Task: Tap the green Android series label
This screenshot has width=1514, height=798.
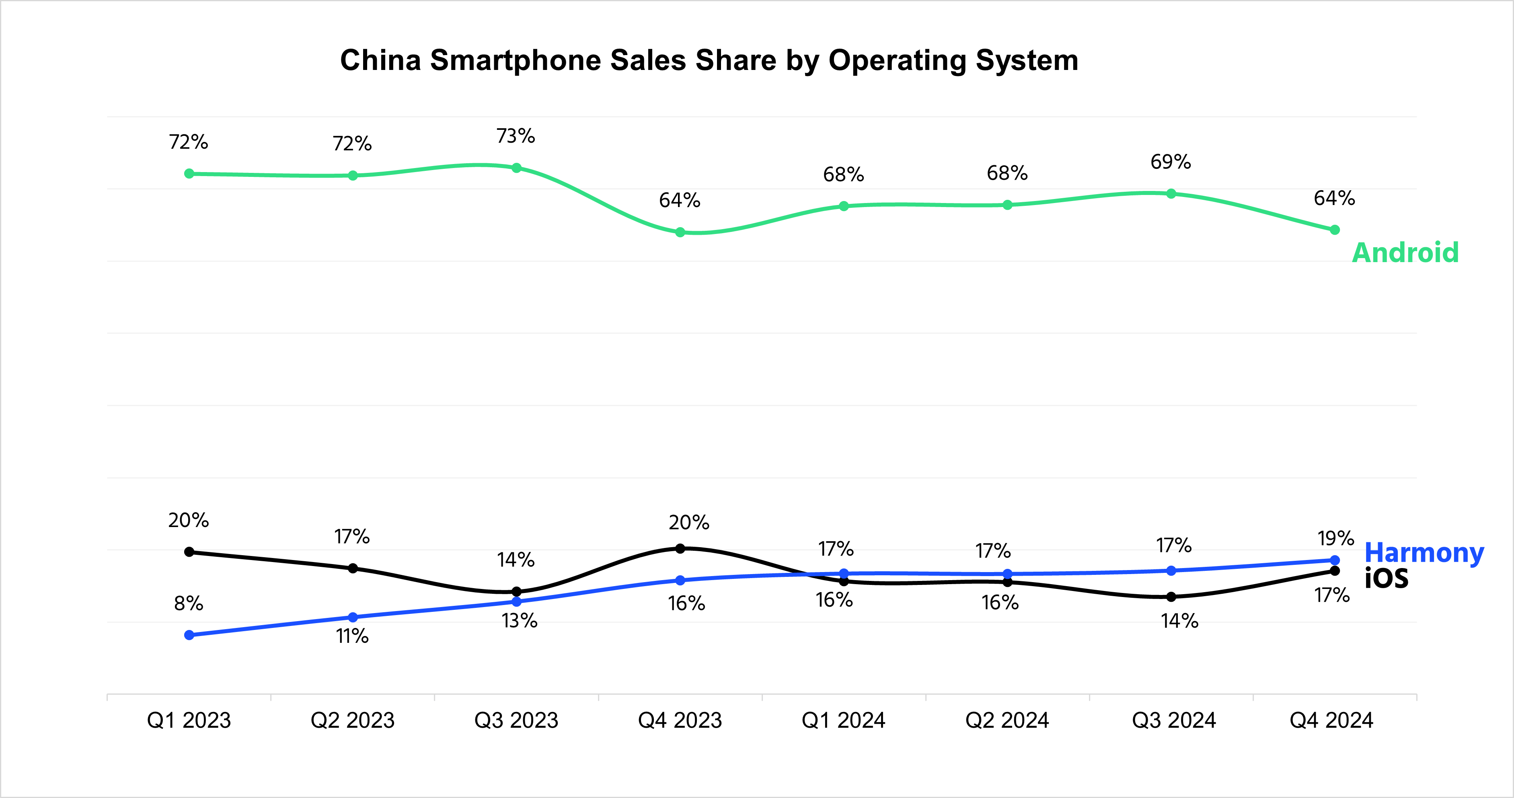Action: coord(1405,253)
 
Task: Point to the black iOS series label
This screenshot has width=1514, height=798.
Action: coord(1386,579)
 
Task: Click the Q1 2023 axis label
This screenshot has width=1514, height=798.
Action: coord(189,720)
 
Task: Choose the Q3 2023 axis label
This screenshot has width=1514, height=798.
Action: coord(516,720)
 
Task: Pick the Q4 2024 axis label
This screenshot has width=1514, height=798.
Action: coord(1331,720)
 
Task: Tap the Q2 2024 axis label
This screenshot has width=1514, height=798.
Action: coord(1007,720)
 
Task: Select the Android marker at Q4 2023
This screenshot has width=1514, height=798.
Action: coord(680,232)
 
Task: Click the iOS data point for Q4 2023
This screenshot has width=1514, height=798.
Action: coord(680,549)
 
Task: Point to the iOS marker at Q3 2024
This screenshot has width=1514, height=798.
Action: coord(1171,597)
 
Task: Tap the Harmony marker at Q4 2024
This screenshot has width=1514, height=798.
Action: coord(1335,560)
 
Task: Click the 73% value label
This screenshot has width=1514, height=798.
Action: coord(516,136)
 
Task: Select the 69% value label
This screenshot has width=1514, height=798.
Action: coord(1170,162)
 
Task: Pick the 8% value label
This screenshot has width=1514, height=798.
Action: coord(189,603)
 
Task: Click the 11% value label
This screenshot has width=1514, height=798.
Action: coord(352,636)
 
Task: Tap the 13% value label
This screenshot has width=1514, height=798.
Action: coord(519,621)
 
